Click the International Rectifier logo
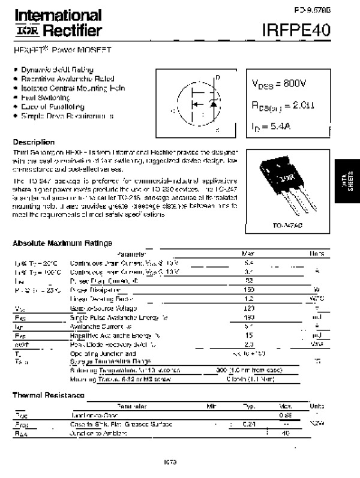coord(58,23)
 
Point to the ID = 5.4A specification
coord(272,127)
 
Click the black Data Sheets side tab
coord(347,185)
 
